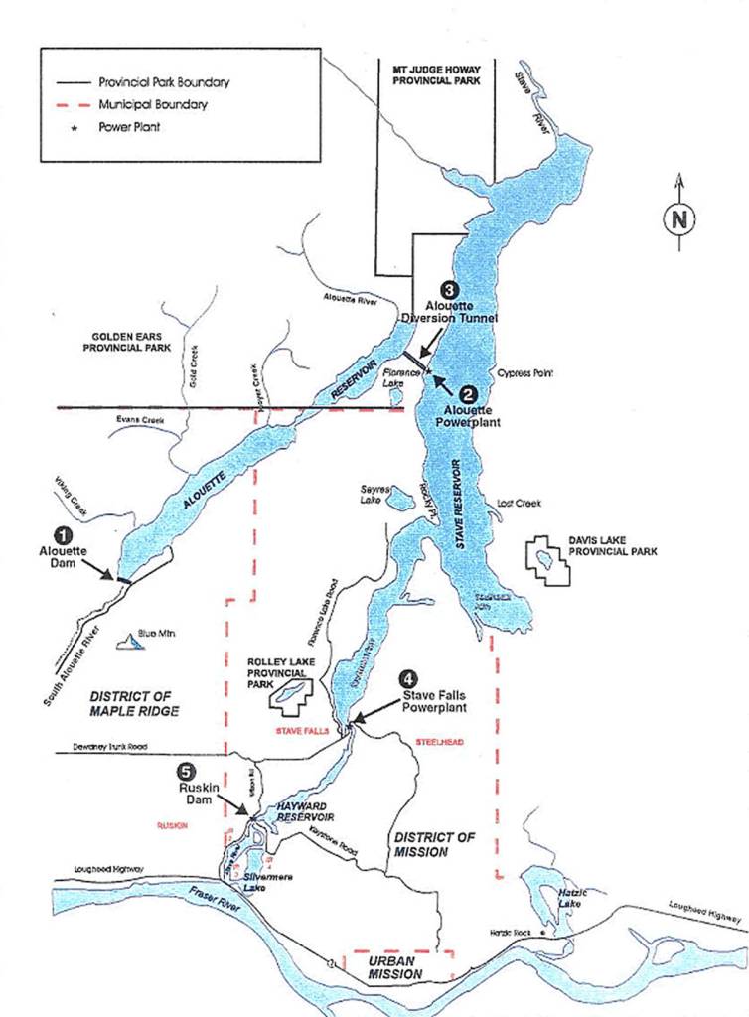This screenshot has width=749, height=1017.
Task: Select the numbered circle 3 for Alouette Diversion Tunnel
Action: (x=449, y=290)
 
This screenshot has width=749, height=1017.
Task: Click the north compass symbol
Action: (x=679, y=218)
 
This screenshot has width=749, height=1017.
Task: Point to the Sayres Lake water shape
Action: (x=401, y=501)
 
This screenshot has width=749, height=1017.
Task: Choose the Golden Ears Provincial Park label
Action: (x=126, y=342)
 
